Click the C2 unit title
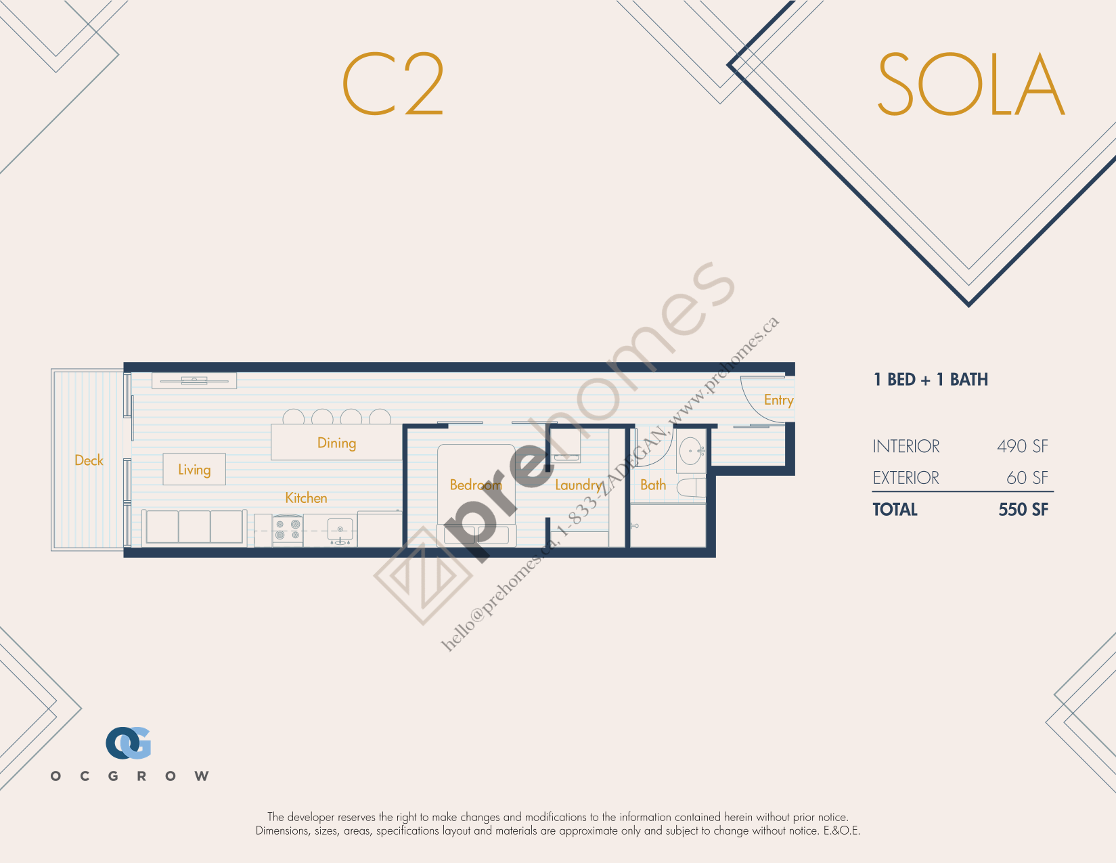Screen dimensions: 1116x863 (x=393, y=84)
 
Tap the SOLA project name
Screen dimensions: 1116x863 (x=971, y=84)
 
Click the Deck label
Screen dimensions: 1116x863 (x=89, y=460)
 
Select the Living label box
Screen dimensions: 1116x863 (x=194, y=469)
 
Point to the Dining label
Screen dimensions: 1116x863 (x=336, y=443)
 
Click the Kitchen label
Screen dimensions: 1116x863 (x=306, y=497)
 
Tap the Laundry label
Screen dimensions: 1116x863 (x=578, y=485)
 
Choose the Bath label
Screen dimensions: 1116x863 (x=653, y=485)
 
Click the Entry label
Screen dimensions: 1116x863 (x=778, y=400)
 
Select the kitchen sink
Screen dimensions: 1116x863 (x=340, y=531)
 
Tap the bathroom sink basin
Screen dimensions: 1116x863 (x=691, y=451)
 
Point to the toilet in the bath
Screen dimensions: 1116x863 (x=692, y=487)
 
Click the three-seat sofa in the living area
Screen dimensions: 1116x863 (x=194, y=527)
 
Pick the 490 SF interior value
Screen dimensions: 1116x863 (x=1023, y=446)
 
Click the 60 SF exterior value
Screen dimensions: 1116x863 (x=1027, y=477)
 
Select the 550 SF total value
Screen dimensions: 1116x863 (x=1023, y=509)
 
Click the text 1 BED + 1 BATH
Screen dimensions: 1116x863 (x=931, y=380)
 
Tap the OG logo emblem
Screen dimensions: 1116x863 (x=129, y=743)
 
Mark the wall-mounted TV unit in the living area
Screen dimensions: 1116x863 (x=194, y=380)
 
